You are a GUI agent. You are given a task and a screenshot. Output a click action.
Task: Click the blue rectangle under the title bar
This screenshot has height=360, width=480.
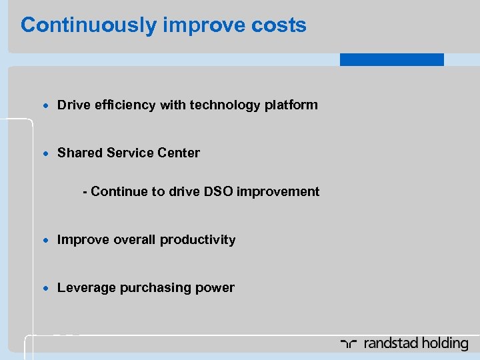[x=391, y=59]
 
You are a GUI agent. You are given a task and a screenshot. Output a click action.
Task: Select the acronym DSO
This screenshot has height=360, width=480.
[x=219, y=191]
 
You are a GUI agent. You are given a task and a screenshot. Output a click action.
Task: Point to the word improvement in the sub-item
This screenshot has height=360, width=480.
[x=278, y=191]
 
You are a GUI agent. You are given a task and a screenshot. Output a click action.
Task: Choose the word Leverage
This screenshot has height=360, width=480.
[x=86, y=287]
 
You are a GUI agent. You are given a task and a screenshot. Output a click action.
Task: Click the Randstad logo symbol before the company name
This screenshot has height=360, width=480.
[x=349, y=344]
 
